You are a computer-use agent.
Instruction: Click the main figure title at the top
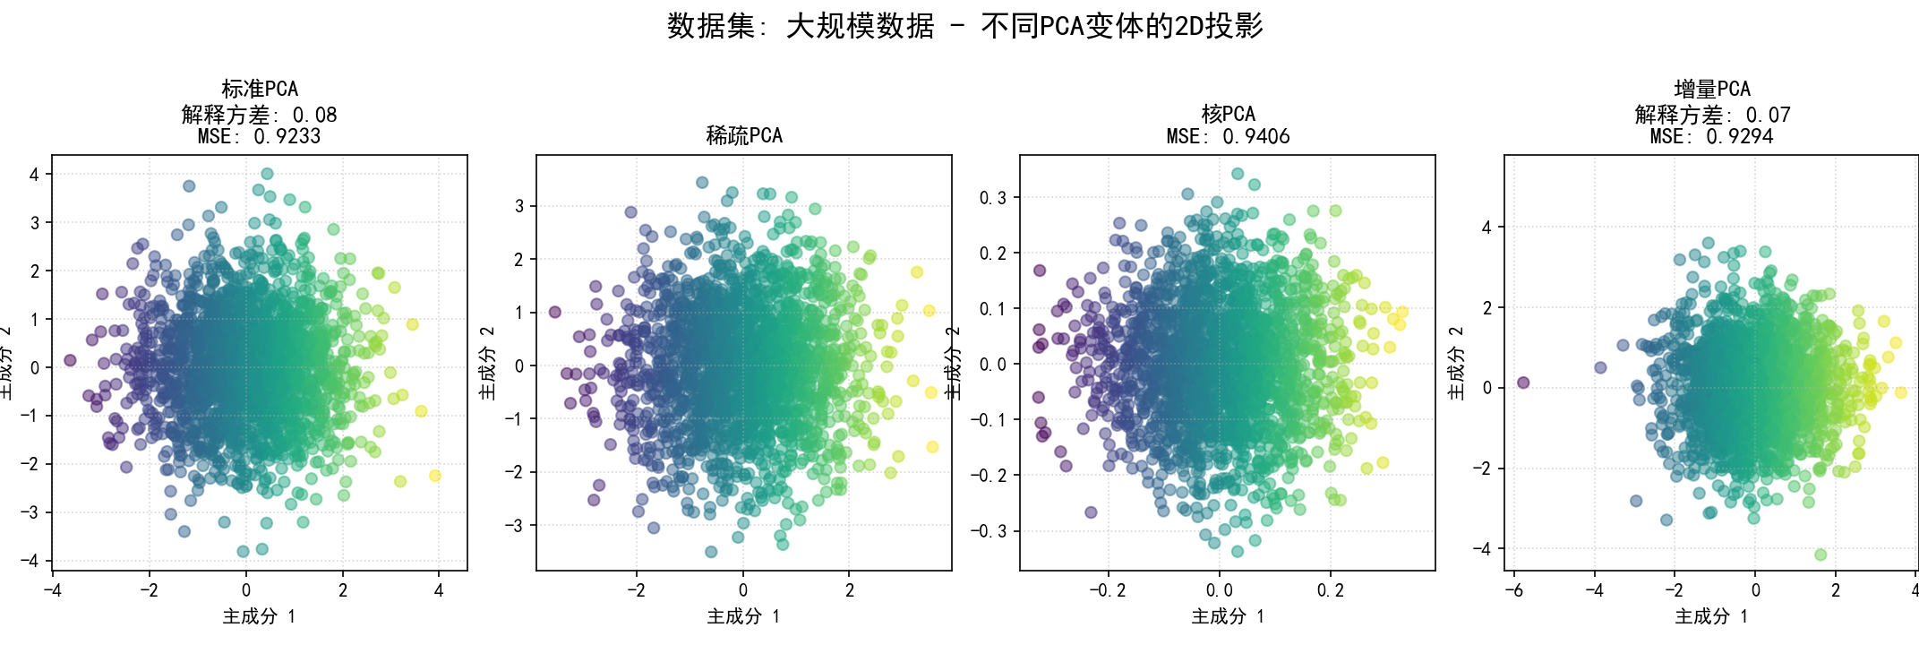(964, 26)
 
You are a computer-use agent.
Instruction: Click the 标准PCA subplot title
(260, 89)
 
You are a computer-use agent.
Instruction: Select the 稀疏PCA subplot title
(744, 136)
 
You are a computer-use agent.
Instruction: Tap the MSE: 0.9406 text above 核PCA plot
(1228, 137)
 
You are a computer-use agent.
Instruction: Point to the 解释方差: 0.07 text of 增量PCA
(1711, 115)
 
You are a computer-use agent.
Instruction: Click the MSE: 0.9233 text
(260, 137)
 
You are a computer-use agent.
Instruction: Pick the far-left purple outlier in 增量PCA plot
(1523, 383)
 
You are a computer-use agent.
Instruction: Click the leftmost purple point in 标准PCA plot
(70, 360)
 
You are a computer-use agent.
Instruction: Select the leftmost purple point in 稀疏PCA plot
(555, 312)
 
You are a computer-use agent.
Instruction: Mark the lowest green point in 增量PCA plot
(1820, 555)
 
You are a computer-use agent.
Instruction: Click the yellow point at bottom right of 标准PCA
(435, 476)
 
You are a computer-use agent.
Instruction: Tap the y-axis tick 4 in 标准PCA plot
(35, 175)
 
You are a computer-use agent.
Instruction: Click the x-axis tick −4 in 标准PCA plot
(53, 590)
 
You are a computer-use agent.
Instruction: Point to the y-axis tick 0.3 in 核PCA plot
(993, 198)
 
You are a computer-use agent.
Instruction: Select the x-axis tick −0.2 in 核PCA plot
(1107, 590)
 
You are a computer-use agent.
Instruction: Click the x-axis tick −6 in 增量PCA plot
(1514, 590)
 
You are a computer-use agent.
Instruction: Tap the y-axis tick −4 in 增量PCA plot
(1484, 549)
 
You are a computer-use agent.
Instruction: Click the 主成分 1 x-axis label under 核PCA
(1228, 616)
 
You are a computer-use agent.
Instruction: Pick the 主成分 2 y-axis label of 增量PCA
(1456, 363)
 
